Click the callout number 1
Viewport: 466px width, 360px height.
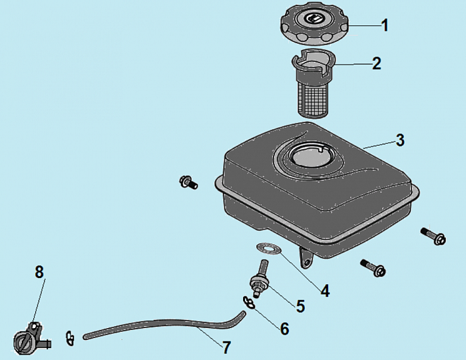(x=385, y=25)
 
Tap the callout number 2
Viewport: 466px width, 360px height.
(x=377, y=63)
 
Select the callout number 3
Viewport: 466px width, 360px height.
(x=400, y=140)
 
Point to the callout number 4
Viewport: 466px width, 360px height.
(x=325, y=291)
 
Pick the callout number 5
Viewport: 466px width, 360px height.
(x=300, y=306)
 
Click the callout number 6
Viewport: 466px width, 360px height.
(x=284, y=329)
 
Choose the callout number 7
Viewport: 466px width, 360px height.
(x=226, y=347)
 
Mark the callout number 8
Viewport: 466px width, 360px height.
(x=39, y=271)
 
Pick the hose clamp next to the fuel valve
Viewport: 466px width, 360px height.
(x=71, y=338)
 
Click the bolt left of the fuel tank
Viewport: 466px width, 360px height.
(x=188, y=182)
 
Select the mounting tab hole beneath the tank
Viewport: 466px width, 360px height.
(x=307, y=262)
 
